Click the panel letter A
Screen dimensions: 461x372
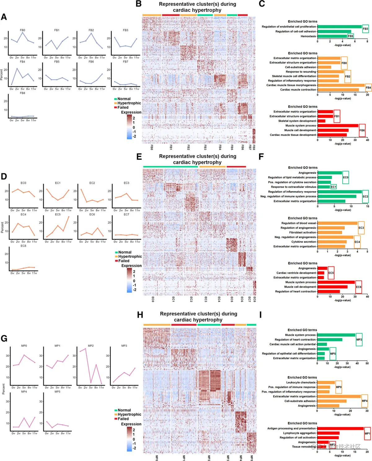point(4,17)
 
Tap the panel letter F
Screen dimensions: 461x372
point(261,156)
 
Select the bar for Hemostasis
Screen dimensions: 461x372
point(332,36)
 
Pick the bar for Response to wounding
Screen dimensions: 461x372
point(330,72)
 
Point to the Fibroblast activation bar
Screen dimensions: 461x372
point(330,232)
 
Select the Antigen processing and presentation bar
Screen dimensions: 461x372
point(340,428)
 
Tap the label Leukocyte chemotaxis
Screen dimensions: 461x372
point(301,382)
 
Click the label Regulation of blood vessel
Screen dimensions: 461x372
point(299,223)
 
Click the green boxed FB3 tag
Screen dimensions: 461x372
point(365,29)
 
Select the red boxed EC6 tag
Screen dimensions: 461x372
point(359,287)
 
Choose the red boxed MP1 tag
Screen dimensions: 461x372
point(367,433)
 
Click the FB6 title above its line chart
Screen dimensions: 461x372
point(91,62)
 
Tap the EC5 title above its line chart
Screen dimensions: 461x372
point(58,214)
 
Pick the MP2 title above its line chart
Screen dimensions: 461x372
point(91,346)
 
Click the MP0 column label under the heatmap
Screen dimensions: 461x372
point(157,458)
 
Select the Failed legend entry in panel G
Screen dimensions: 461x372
point(123,419)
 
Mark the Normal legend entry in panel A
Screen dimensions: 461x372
point(124,99)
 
